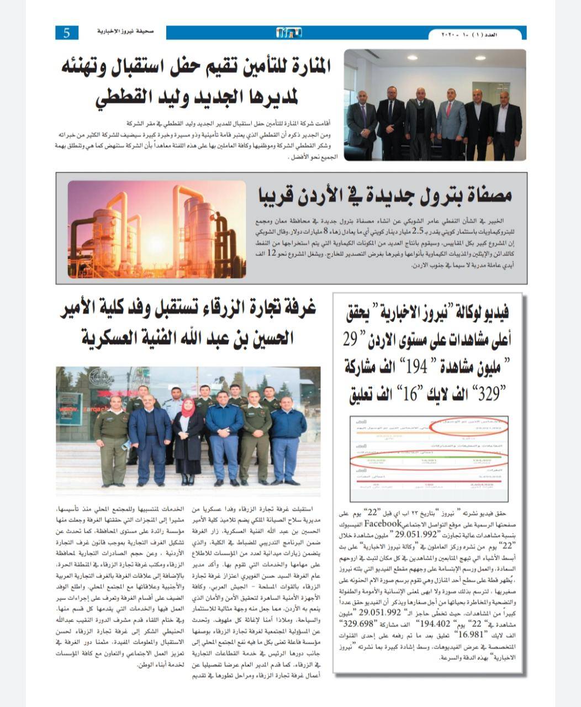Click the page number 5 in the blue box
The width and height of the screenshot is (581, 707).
coord(67,33)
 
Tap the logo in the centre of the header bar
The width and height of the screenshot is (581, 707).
coord(289,33)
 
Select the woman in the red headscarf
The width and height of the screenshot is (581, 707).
coord(188,436)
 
